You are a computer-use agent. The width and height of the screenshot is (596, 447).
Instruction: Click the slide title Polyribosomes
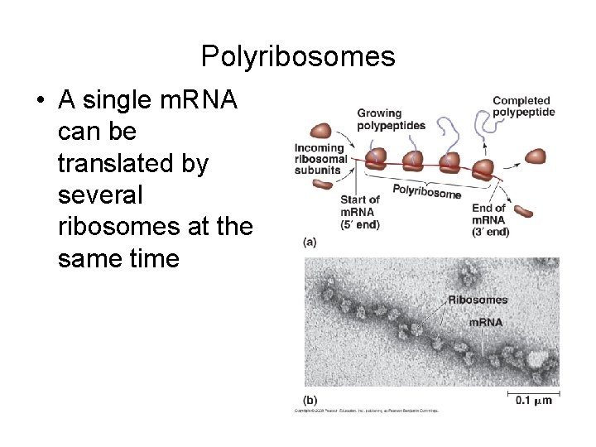coord(298,56)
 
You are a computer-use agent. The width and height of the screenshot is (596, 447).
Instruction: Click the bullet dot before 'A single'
coord(40,102)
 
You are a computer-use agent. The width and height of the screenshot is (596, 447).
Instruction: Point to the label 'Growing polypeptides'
coord(390,119)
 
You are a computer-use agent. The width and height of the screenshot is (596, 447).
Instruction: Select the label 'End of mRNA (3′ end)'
coord(490,219)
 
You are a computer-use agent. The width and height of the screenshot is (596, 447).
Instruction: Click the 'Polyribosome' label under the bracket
coord(426,191)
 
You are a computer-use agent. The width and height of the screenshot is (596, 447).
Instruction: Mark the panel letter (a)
coord(309,243)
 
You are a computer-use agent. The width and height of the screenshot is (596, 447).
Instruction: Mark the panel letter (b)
coord(310,399)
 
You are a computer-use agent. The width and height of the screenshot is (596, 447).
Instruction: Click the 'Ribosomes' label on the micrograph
coord(478,300)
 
